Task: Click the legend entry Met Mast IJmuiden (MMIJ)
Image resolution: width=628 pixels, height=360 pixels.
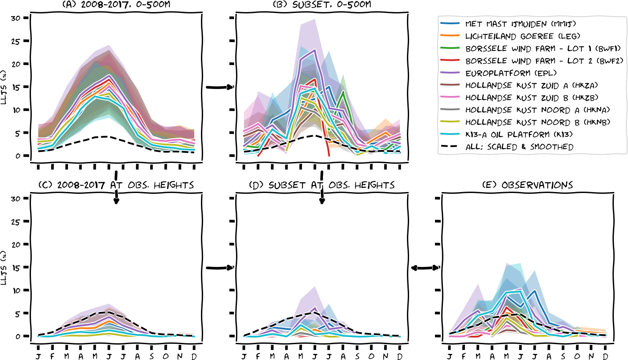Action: pyautogui.click(x=520, y=24)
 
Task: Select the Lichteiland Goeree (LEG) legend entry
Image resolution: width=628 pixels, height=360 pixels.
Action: pyautogui.click(x=522, y=36)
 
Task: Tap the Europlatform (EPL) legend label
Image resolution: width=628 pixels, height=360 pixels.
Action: pyautogui.click(x=511, y=73)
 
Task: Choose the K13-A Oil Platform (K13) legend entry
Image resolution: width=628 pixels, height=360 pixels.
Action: pyautogui.click(x=519, y=134)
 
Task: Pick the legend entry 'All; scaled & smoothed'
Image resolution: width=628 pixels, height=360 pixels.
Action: pyautogui.click(x=519, y=147)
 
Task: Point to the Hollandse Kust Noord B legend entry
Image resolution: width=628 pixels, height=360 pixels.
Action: pyautogui.click(x=537, y=122)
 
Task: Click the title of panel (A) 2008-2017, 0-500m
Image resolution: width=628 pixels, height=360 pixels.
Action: pyautogui.click(x=116, y=5)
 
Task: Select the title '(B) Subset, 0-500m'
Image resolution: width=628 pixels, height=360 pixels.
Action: pyautogui.click(x=322, y=5)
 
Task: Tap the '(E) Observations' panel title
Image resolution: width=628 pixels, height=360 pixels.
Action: pyautogui.click(x=527, y=185)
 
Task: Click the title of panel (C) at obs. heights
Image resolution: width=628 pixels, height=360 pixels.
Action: pyautogui.click(x=116, y=185)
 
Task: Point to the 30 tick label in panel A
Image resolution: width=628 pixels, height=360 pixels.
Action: pyautogui.click(x=16, y=18)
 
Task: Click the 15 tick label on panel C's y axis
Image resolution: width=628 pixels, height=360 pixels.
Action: pyautogui.click(x=16, y=268)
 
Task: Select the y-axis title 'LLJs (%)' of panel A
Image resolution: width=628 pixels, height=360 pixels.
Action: pyautogui.click(x=4, y=87)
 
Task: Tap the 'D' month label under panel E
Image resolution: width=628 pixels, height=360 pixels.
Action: pyautogui.click(x=605, y=356)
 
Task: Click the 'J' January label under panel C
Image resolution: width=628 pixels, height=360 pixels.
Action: pyautogui.click(x=38, y=356)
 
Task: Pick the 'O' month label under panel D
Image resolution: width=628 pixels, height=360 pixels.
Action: pyautogui.click(x=371, y=356)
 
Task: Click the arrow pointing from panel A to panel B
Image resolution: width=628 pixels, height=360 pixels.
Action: pyautogui.click(x=219, y=87)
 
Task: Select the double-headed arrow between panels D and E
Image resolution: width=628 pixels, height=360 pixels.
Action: pyautogui.click(x=425, y=268)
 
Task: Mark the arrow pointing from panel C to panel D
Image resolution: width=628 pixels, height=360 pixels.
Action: pyautogui.click(x=219, y=268)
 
